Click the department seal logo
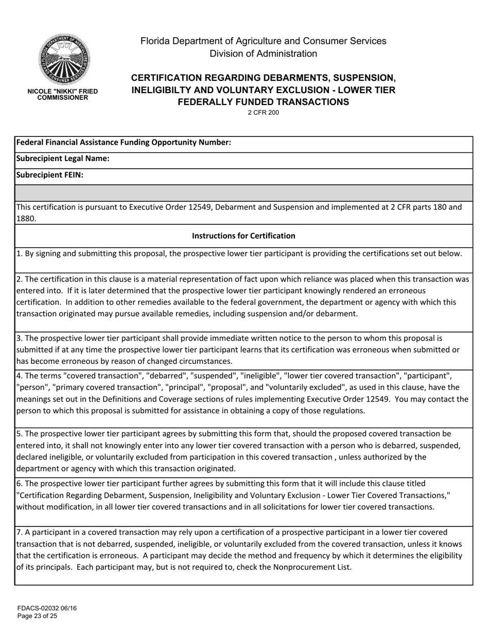click(63, 59)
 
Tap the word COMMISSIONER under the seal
click(62, 98)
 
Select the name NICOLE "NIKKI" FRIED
click(62, 91)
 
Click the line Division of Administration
click(263, 54)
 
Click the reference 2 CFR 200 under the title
click(263, 113)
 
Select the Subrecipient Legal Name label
click(63, 159)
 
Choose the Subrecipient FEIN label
click(50, 175)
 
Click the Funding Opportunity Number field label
click(124, 143)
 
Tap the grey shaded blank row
click(243, 192)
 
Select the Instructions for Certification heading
click(243, 236)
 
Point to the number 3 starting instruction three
click(19, 338)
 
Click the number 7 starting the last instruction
click(19, 532)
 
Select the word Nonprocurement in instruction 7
click(294, 567)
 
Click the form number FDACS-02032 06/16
click(47, 608)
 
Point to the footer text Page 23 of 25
click(37, 616)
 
